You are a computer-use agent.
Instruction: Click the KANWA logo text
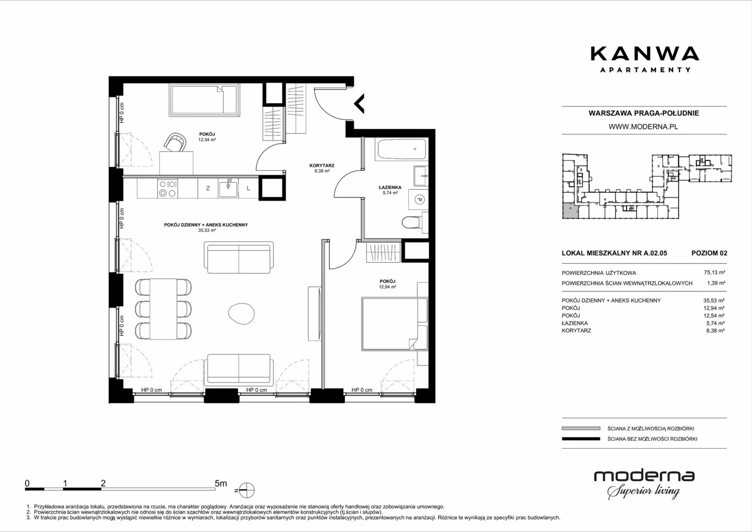point(645,54)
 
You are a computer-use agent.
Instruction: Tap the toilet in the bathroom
point(415,222)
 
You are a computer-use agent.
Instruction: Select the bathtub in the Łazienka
point(402,149)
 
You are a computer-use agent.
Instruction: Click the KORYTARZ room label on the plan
point(322,165)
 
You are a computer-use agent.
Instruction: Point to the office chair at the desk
point(175,142)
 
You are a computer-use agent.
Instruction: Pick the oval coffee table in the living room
point(241,313)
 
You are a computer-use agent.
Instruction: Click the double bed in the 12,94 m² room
point(394,324)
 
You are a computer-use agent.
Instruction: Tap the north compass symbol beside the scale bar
point(247,490)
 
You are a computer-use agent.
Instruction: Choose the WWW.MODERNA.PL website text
point(643,127)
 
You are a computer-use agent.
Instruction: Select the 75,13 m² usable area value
point(715,272)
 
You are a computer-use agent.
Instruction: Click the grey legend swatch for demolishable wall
point(581,428)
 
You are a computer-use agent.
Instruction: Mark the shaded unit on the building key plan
point(570,211)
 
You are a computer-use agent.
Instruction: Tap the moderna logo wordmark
point(644,476)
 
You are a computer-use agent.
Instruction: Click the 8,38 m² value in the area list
point(715,331)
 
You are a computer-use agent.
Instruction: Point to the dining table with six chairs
point(163,309)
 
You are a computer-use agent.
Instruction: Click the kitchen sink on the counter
point(229,188)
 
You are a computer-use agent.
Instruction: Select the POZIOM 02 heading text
point(709,253)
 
